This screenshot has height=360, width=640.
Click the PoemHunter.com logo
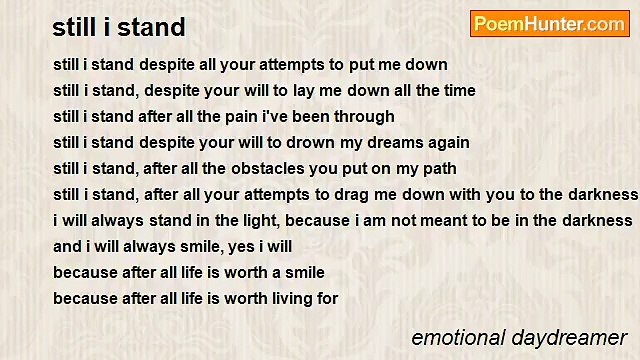(x=549, y=24)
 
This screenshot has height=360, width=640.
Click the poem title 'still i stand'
(x=119, y=27)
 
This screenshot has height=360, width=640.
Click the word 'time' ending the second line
(x=457, y=91)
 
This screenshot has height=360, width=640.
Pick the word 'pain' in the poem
(x=262, y=117)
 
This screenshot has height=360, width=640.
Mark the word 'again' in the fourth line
(x=446, y=143)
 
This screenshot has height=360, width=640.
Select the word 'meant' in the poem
(x=451, y=220)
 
